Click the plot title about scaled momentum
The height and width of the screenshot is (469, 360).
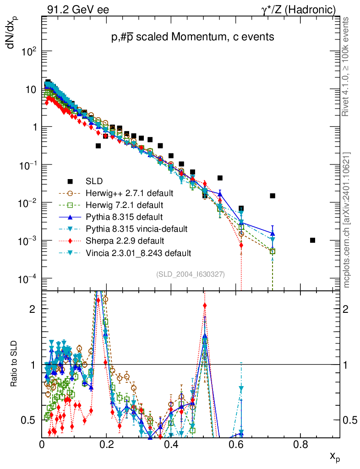(x=192, y=38)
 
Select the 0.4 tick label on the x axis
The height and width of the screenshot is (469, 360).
(x=171, y=444)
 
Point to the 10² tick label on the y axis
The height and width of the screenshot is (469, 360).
(x=29, y=51)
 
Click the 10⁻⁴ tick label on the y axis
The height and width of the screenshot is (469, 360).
(x=28, y=278)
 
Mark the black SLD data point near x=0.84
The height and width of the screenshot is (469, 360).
(x=312, y=240)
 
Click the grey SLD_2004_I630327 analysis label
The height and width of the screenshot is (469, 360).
(x=191, y=274)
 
